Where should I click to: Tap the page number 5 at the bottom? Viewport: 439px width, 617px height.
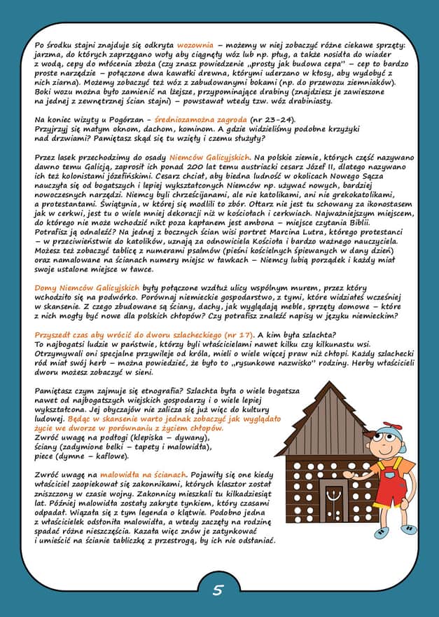coord(218,590)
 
